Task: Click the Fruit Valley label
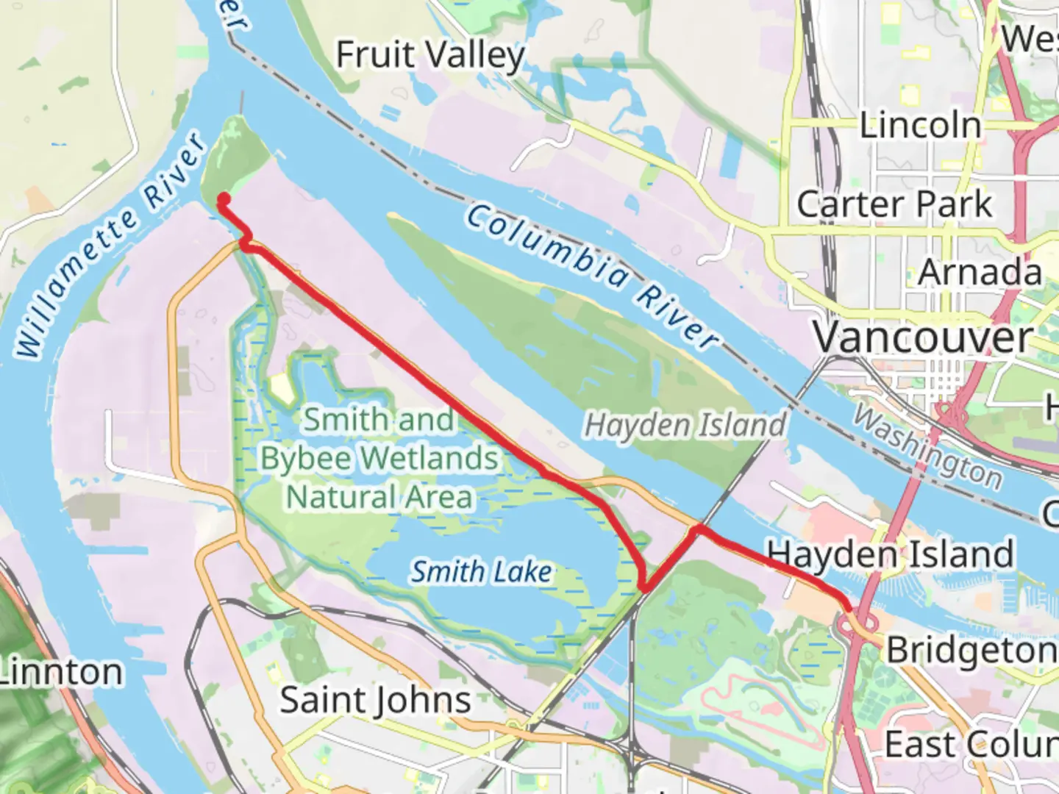430,56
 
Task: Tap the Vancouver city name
923,338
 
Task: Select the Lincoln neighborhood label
921,126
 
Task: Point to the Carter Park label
894,204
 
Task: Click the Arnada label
980,273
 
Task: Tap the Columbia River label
592,276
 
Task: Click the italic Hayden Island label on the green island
685,425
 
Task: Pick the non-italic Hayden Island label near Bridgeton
890,554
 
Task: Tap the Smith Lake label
481,571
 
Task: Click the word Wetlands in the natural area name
430,458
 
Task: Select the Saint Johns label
375,700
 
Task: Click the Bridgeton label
971,651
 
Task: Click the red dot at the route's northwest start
223,199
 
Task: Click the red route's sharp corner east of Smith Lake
645,587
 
